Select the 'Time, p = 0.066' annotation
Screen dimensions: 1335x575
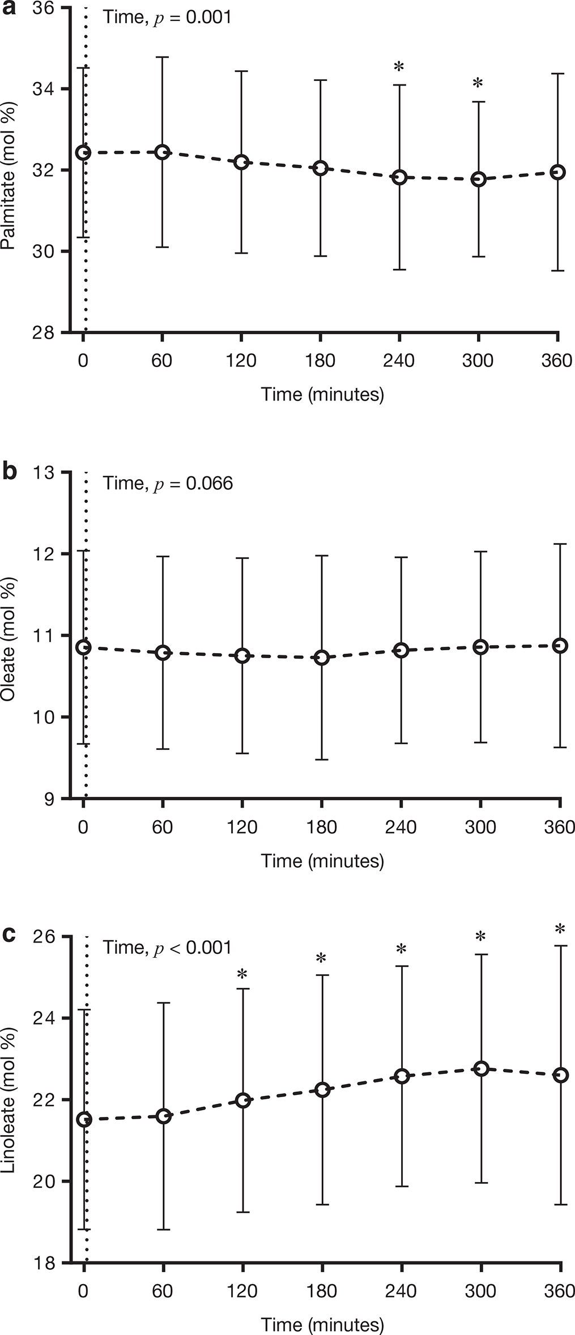point(168,483)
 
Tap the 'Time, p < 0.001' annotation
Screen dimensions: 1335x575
point(167,947)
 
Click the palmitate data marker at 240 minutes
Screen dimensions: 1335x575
point(400,177)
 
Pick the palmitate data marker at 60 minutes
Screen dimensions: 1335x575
point(163,152)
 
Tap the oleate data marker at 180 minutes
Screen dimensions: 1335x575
point(322,657)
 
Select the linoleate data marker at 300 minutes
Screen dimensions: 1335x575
point(481,1068)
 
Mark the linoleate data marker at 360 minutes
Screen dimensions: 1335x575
point(560,1074)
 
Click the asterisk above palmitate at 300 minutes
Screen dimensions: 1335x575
point(478,84)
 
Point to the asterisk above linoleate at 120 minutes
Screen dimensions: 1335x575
point(242,975)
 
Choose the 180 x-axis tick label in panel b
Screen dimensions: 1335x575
point(322,827)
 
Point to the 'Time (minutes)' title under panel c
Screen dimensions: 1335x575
point(322,1325)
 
